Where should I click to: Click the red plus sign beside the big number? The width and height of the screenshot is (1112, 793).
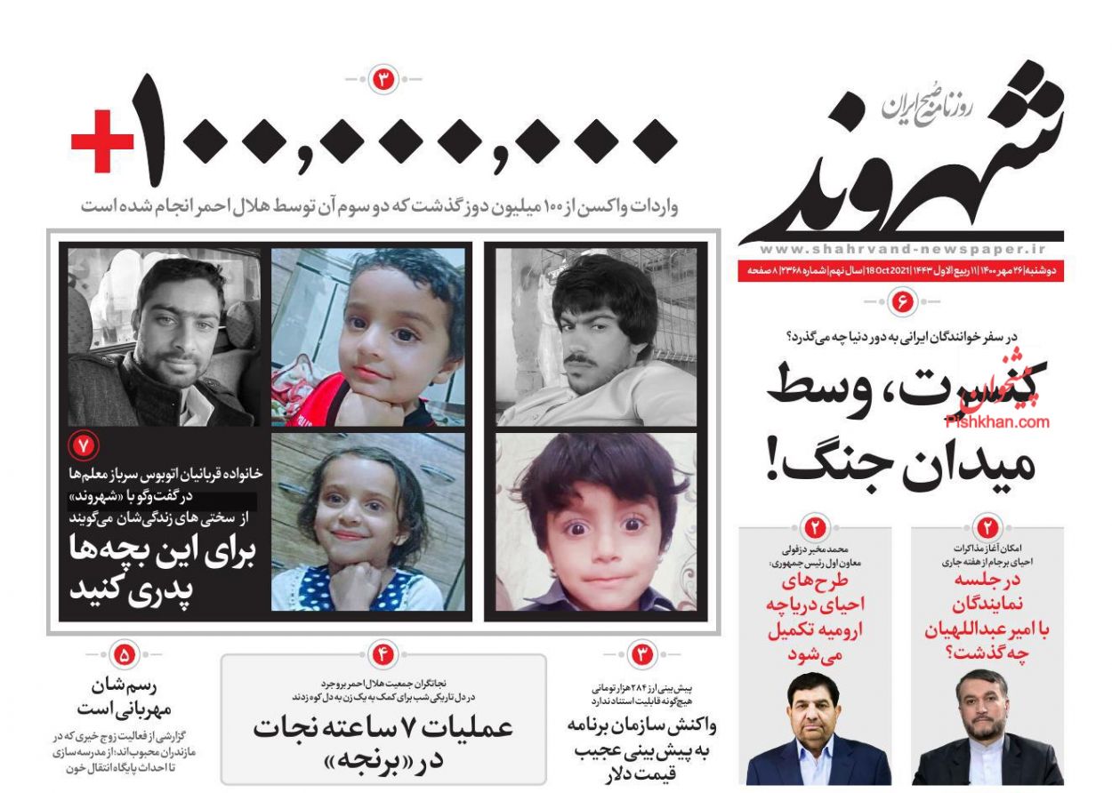coord(102,141)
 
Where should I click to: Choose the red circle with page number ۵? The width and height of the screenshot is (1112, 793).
coord(124,655)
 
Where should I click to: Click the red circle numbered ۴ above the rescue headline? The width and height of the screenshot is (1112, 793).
coord(383,655)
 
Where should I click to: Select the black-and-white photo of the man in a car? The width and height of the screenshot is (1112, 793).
coord(165,336)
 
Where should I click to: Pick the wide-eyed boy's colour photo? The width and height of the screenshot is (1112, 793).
coord(596,522)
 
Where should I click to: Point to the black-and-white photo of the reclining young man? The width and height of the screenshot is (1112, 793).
coord(596,336)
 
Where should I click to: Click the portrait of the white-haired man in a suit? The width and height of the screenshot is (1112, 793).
coord(818,729)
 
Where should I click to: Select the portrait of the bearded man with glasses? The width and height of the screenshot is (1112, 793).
coord(987,729)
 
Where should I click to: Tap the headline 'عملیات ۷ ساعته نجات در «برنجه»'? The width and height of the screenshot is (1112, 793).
coord(383,741)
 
